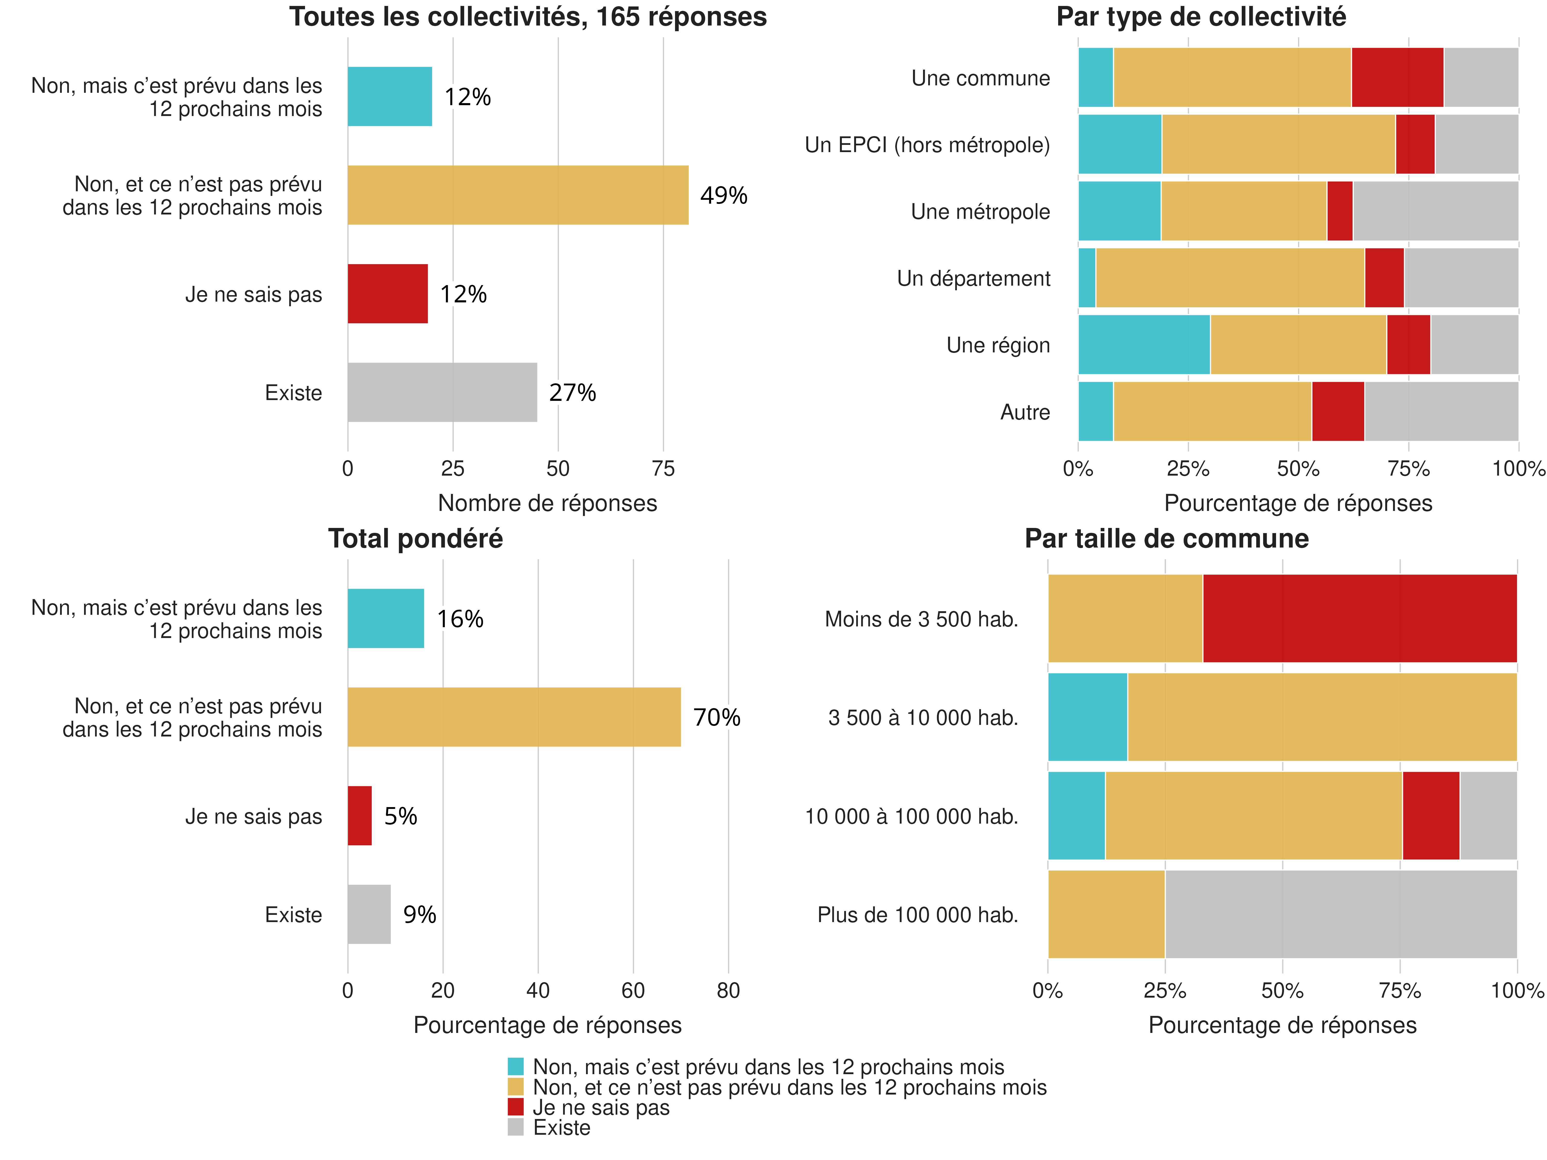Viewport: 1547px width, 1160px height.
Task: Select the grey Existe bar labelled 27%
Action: (x=442, y=392)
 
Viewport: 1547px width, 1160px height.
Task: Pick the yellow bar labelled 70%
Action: (x=514, y=717)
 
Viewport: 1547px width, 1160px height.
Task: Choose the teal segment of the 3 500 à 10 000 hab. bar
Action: (x=1088, y=717)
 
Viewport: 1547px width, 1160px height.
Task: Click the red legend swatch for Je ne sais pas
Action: (x=515, y=1107)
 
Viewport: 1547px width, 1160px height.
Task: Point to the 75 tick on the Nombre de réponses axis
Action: (x=663, y=468)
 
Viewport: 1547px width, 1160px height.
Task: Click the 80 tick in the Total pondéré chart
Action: (x=728, y=990)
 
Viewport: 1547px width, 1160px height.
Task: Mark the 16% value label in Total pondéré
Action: (x=460, y=619)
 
